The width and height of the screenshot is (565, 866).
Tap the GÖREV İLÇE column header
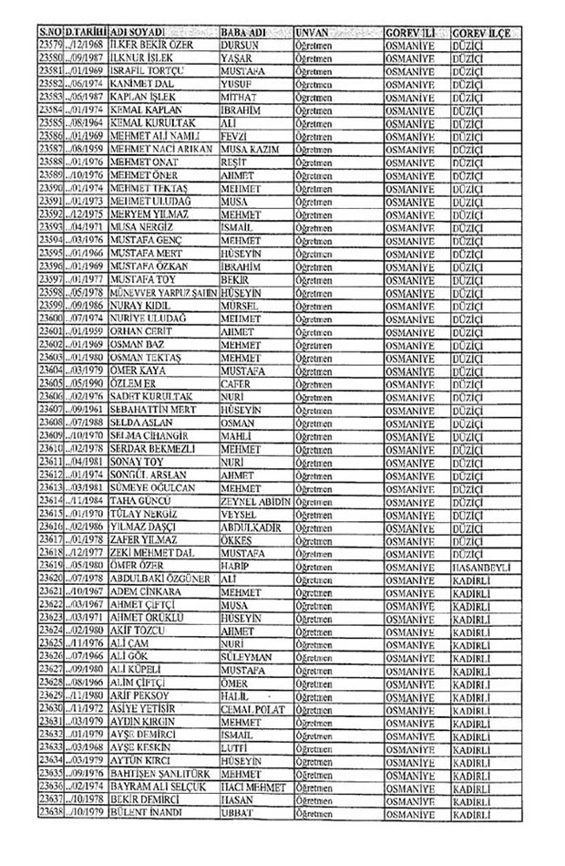[x=479, y=31]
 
